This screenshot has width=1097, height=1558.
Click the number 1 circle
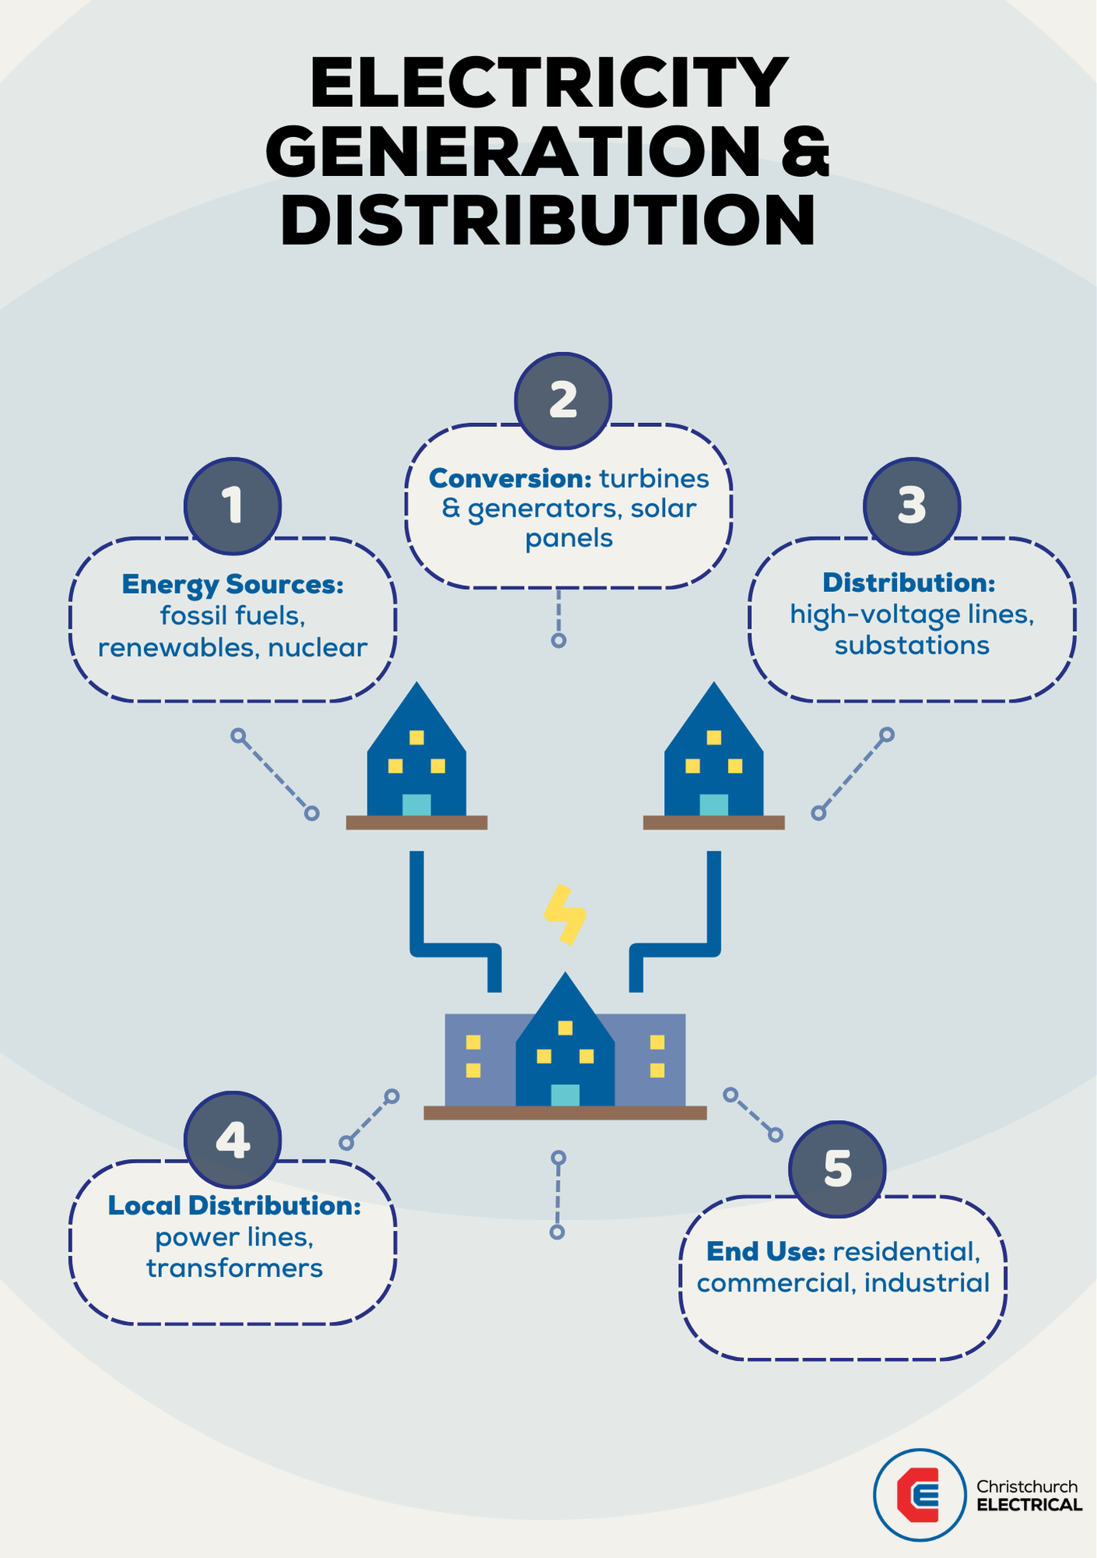233,506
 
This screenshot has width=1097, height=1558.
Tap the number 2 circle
563,400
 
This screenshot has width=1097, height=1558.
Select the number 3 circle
912,506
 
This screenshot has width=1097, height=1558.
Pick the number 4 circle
233,1140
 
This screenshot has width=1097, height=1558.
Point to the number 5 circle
837,1169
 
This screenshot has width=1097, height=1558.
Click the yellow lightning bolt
565,915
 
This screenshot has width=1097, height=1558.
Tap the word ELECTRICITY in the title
549,83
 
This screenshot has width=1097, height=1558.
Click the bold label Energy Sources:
233,584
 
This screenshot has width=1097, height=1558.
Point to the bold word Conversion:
510,478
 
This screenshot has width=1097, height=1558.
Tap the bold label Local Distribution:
234,1206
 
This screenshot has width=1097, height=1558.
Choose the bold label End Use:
765,1252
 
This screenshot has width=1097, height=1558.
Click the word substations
912,646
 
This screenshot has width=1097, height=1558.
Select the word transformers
234,1268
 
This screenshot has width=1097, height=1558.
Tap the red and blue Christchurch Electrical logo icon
920,1495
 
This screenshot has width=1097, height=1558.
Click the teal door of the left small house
417,805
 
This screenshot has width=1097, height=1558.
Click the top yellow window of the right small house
714,737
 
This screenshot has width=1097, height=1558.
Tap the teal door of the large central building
565,1094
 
